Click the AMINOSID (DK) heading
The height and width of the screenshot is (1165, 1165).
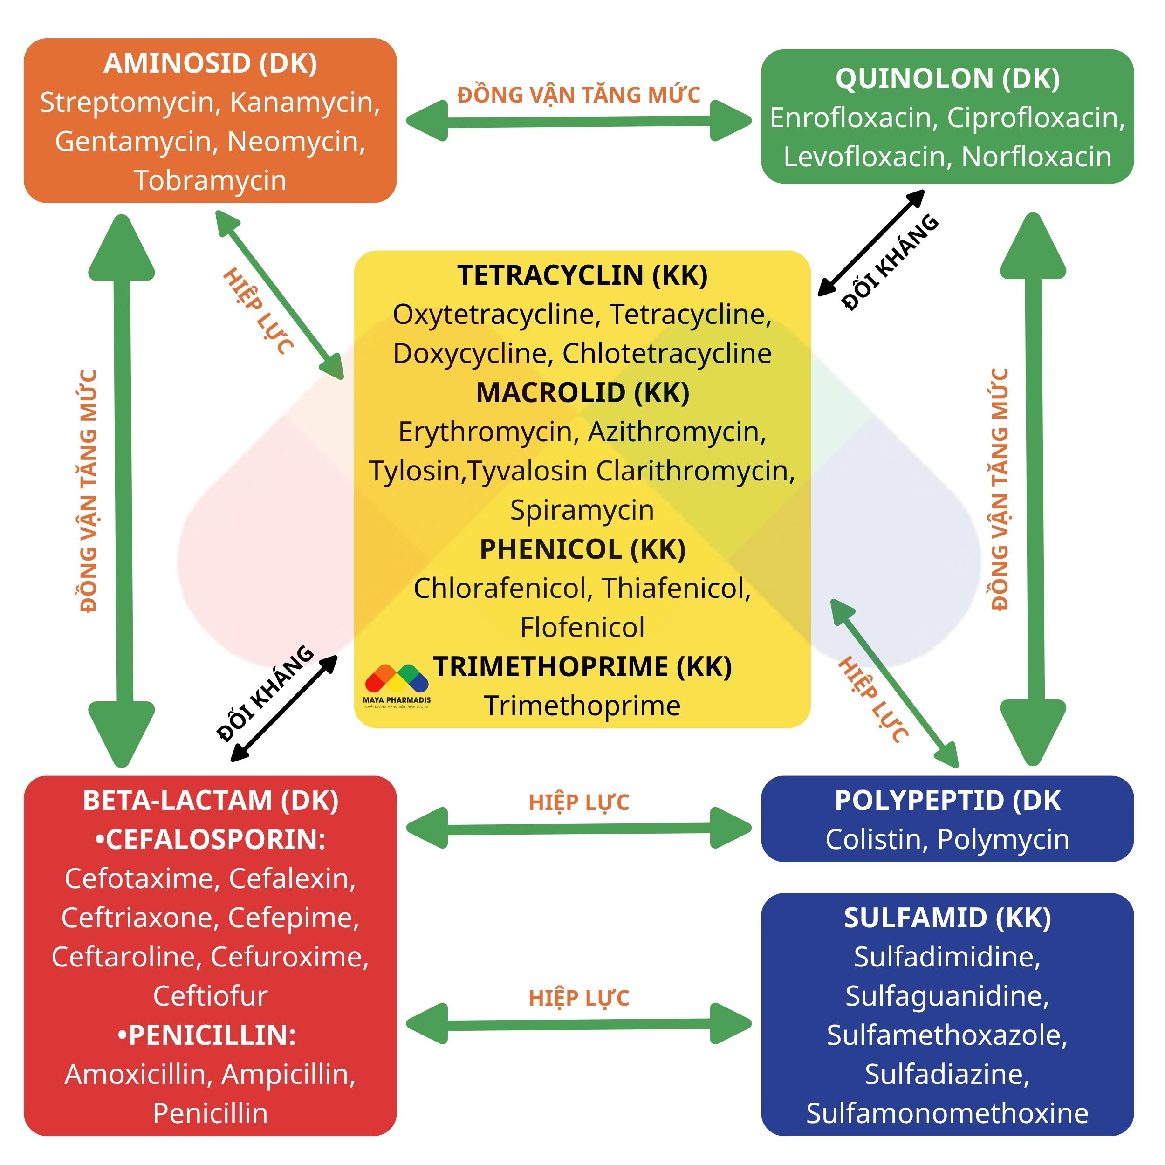(211, 64)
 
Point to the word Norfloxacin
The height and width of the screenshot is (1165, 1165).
(1036, 157)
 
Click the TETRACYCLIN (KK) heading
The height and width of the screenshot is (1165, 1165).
(582, 275)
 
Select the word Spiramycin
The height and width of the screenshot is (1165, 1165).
(582, 511)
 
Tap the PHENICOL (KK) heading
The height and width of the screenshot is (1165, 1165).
(582, 550)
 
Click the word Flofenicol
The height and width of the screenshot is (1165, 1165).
(582, 628)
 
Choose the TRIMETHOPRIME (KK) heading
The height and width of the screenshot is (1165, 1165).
(582, 667)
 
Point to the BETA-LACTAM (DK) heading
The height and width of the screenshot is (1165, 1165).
(211, 801)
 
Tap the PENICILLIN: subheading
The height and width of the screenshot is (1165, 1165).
(206, 1035)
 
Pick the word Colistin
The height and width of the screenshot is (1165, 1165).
(876, 840)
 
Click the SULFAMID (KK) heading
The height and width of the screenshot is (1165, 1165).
(947, 918)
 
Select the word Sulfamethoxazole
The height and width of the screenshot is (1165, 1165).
(947, 1035)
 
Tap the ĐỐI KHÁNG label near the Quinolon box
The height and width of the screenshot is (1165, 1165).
(890, 262)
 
